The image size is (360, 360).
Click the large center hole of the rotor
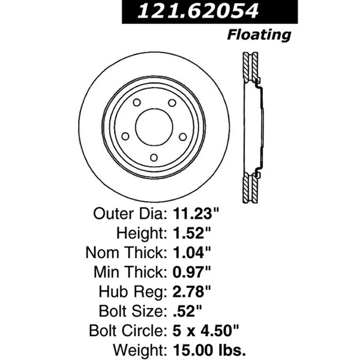pyautogui.click(x=153, y=125)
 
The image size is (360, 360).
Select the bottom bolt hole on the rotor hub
pyautogui.click(x=153, y=157)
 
